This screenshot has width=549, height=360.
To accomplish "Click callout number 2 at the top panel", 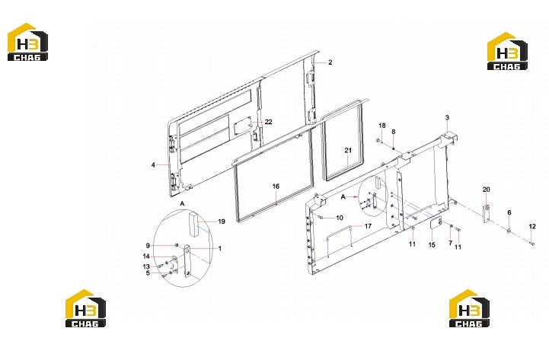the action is pos(330,62).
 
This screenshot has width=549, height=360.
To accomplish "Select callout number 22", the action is pos(268,122).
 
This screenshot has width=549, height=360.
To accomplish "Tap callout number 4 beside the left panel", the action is pos(153,165).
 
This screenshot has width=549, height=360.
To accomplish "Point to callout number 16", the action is pos(276,186).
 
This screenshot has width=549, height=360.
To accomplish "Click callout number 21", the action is pos(348,150).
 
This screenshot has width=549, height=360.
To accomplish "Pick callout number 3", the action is pos(447,117).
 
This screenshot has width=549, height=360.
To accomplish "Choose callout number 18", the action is pos(382,126).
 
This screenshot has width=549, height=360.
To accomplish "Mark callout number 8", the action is pos(394,132).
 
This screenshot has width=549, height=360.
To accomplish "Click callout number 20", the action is pos(487,190).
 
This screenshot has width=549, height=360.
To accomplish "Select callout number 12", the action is pos(532,227).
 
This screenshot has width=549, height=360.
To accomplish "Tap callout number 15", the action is pos(432,245).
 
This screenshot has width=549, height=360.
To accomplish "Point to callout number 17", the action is pos(368,226).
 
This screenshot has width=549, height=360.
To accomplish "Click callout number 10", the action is pos(340,218).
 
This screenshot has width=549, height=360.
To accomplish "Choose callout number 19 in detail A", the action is pos(222,221).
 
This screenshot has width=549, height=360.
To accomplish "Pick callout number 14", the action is pos(146,256).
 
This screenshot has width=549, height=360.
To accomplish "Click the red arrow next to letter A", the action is pos(353,197).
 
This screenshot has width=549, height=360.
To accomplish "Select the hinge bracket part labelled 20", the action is pos(487,213).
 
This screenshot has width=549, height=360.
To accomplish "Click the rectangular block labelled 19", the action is pos(193,224).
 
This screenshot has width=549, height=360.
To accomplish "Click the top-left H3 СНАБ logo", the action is pos(27,42).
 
